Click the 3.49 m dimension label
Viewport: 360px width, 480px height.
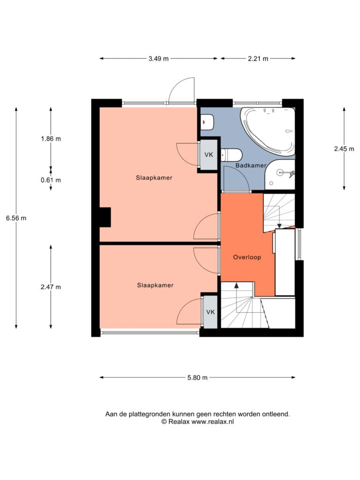point(158,59)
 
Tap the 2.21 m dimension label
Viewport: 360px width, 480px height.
point(258,59)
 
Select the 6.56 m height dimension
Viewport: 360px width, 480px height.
point(16,218)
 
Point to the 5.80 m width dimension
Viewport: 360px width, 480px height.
point(197,377)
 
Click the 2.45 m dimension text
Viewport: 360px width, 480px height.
point(344,149)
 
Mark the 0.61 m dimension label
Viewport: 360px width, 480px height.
point(51,180)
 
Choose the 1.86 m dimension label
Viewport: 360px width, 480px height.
point(51,139)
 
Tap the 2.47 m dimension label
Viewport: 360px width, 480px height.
point(51,287)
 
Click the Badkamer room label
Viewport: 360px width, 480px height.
point(251,165)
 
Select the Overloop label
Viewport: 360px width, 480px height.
point(247,257)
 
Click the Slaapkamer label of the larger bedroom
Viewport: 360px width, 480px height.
point(154,178)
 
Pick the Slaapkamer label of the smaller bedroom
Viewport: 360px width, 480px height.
point(155,285)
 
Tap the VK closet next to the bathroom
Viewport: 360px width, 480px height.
point(209,155)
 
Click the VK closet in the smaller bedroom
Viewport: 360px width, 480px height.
point(210,312)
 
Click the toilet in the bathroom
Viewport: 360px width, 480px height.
point(232,155)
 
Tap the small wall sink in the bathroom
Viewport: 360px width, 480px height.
point(207,122)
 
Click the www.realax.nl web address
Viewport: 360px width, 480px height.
point(213,421)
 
